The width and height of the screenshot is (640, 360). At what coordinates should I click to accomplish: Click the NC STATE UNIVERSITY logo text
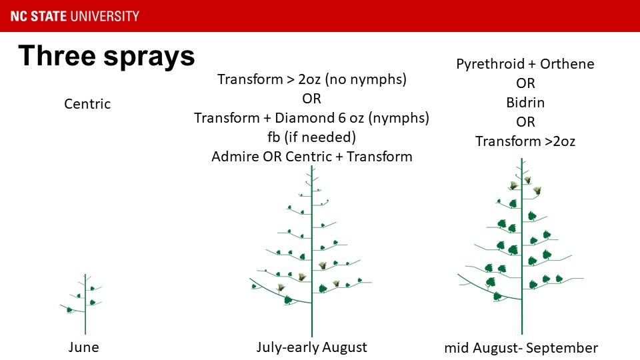[75, 16]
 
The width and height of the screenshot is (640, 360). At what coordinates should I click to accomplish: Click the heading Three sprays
[107, 56]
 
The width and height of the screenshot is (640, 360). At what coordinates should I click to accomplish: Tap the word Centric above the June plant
[87, 104]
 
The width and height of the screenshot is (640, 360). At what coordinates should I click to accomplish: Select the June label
[84, 347]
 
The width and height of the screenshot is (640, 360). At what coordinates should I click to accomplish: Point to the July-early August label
[311, 347]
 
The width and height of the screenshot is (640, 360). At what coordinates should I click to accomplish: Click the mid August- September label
[521, 348]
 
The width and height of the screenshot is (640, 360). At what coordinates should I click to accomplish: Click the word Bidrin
[525, 102]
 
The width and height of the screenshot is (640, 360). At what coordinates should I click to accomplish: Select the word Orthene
[567, 64]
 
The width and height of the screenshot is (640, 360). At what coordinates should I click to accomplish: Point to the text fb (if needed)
[311, 137]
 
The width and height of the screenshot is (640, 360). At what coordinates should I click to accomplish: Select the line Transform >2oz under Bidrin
[525, 141]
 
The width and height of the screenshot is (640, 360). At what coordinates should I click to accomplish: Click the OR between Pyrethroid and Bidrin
[525, 83]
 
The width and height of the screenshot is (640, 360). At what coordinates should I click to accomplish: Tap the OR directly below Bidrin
[525, 121]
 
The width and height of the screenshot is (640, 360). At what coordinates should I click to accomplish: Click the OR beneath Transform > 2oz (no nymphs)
[311, 99]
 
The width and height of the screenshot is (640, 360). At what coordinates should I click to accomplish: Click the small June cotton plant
[85, 305]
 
